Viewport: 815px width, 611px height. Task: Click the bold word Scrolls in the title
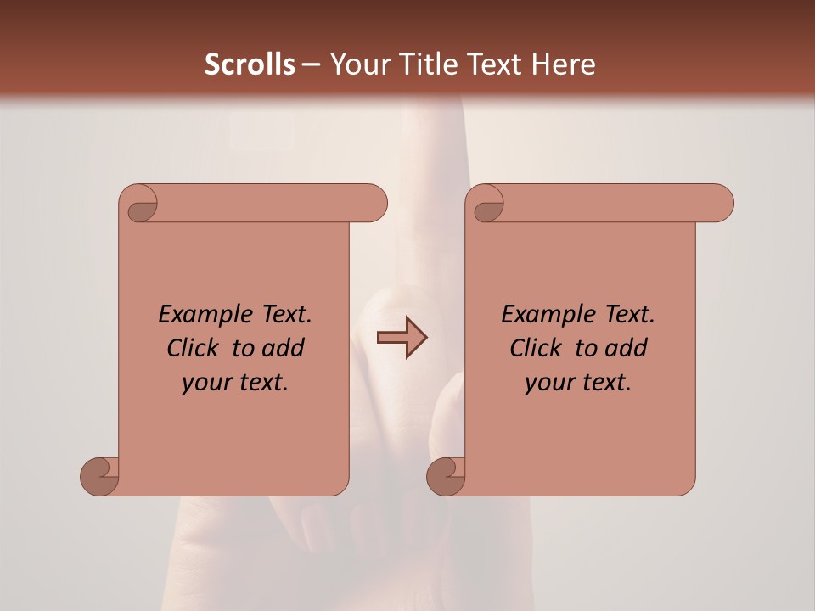(250, 64)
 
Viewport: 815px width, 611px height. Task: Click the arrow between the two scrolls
(402, 338)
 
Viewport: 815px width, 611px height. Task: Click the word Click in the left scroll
(194, 348)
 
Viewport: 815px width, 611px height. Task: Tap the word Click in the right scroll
(537, 348)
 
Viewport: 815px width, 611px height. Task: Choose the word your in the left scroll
(206, 383)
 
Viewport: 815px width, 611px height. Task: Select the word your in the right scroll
(549, 383)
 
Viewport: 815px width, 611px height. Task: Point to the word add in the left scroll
(283, 348)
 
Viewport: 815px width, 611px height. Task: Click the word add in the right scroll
(626, 348)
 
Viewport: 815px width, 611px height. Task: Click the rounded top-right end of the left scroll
(374, 203)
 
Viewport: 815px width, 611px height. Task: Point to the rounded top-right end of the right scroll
(720, 203)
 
